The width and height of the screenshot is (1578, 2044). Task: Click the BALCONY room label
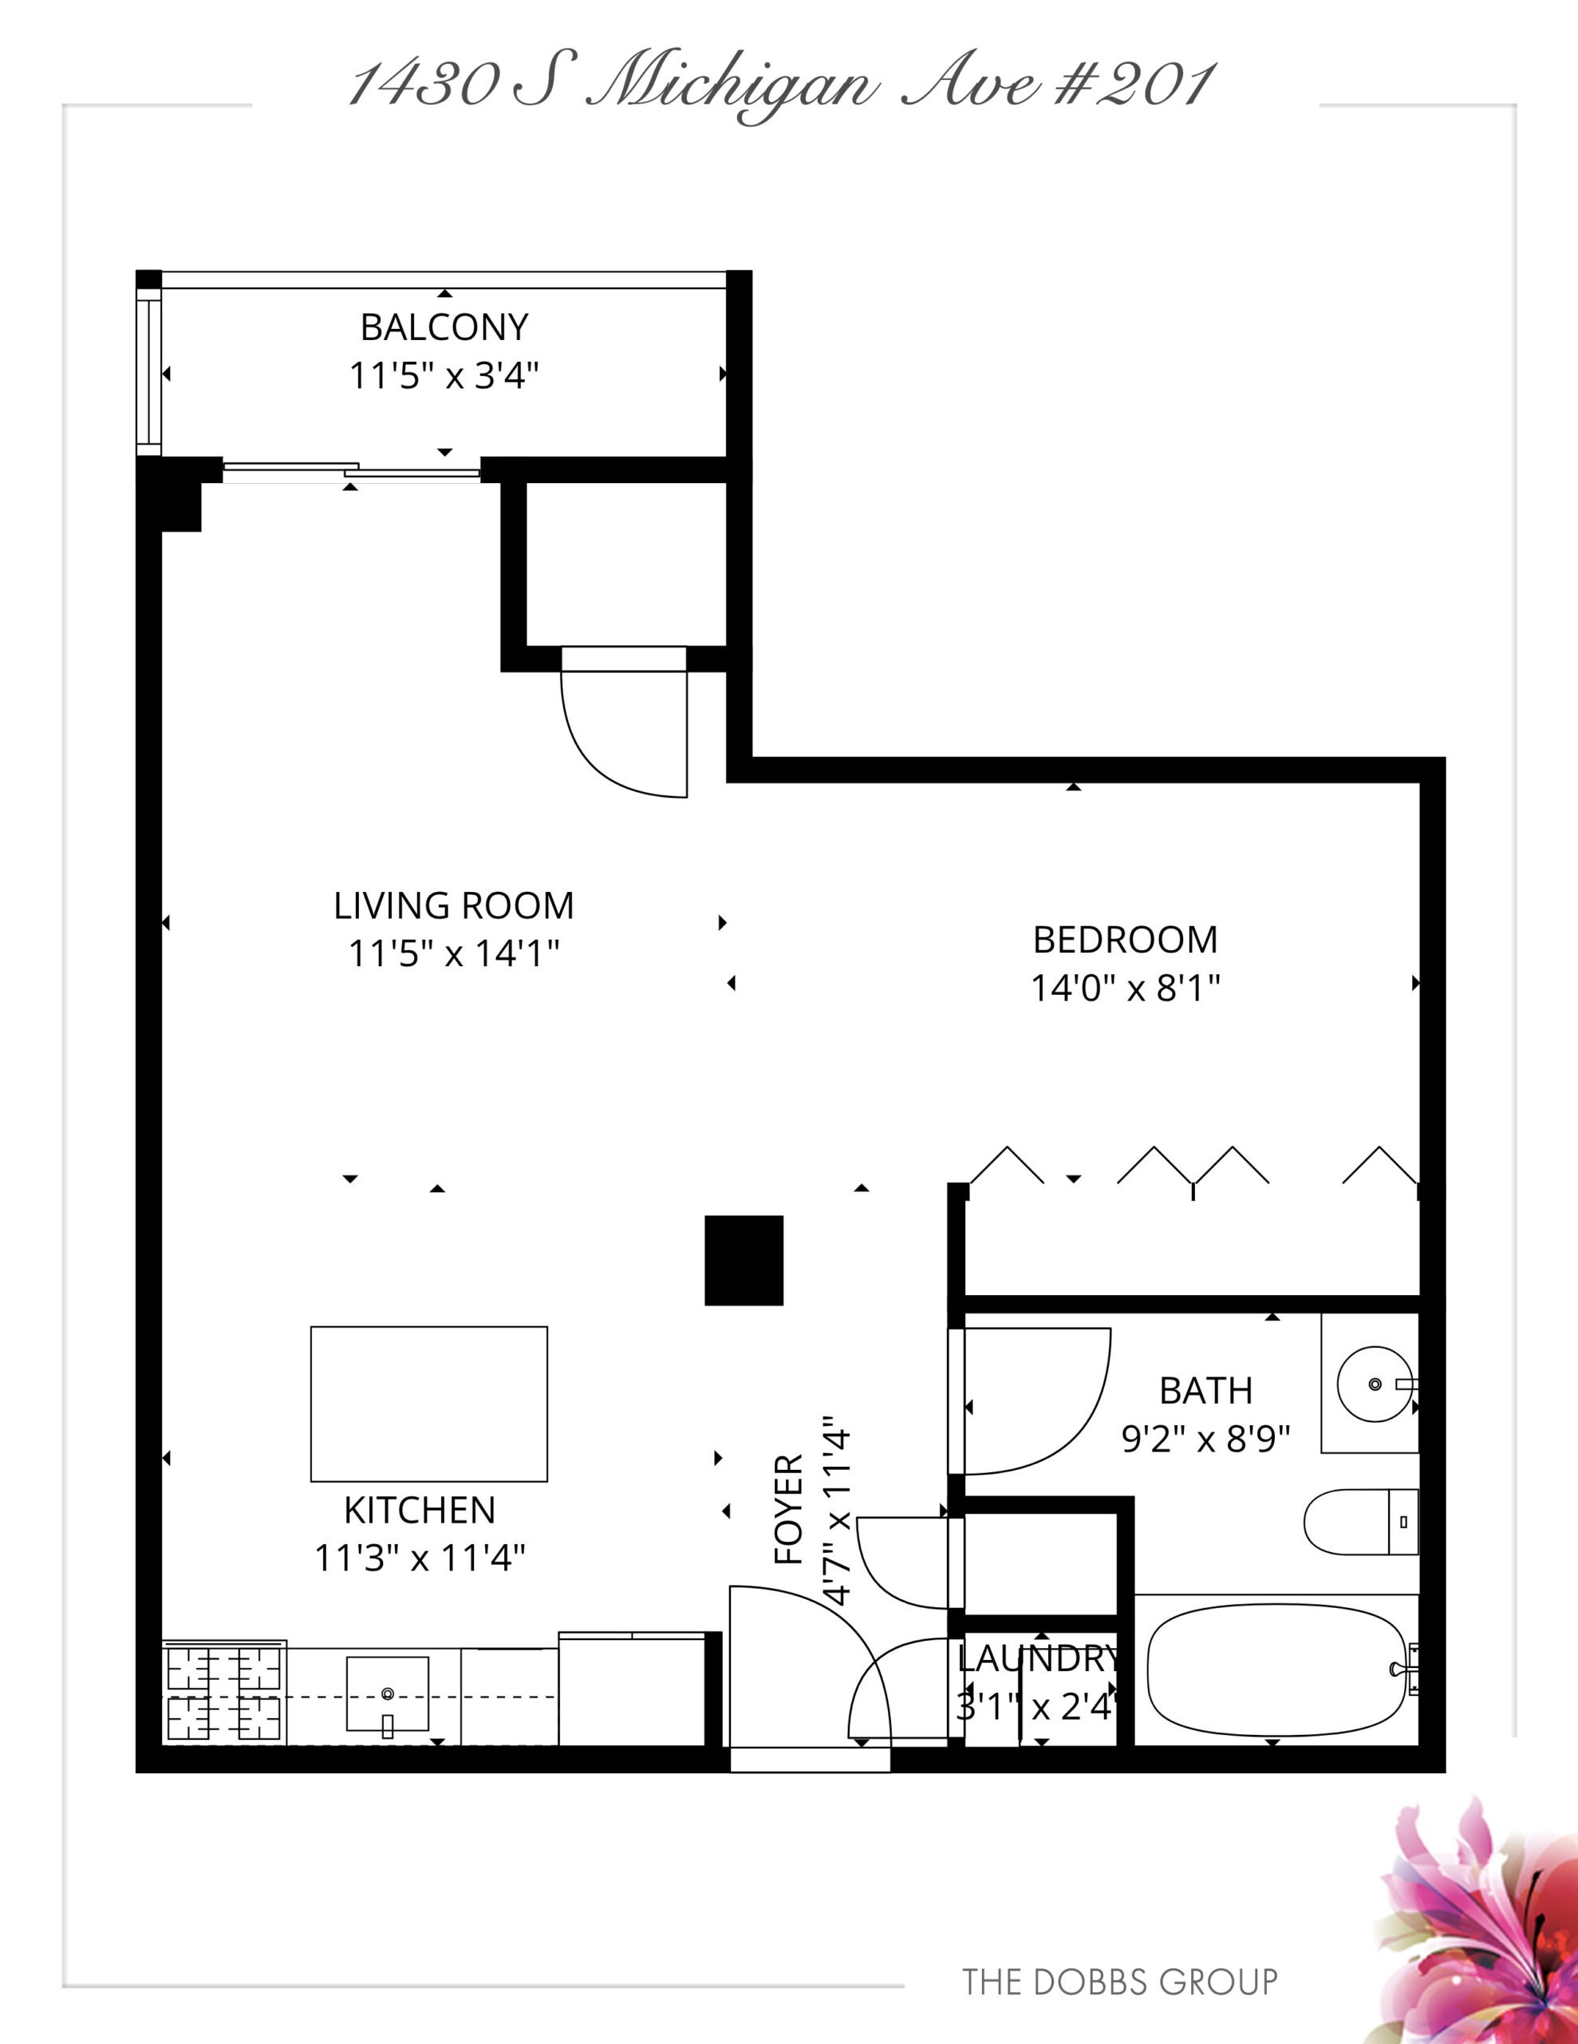tap(444, 327)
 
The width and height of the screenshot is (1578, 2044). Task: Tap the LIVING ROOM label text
tap(454, 906)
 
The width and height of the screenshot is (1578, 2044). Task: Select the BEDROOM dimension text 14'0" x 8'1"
tap(1126, 988)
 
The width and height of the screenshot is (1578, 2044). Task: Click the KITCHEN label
tap(419, 1511)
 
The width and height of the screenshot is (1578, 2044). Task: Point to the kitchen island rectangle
tap(428, 1404)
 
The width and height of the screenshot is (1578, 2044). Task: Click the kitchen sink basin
tap(387, 1694)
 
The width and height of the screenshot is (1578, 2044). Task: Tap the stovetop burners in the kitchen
tap(224, 1694)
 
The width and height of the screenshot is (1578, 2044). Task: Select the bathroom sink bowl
tap(1374, 1384)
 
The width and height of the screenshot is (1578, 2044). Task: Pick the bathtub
tap(1276, 1670)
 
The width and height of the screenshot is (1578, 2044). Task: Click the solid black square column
tap(744, 1260)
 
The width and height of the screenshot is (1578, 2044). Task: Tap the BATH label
tap(1205, 1391)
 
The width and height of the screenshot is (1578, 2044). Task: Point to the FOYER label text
tap(788, 1510)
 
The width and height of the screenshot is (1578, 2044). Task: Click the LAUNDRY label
tap(1038, 1659)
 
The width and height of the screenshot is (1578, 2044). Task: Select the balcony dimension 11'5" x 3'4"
tap(444, 376)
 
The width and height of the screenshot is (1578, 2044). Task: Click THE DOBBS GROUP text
tap(1119, 1981)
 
